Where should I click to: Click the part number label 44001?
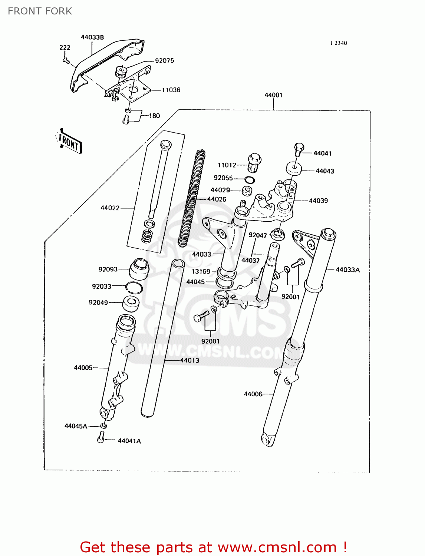click(273, 95)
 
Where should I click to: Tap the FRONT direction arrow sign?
click(69, 141)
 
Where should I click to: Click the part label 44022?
click(110, 208)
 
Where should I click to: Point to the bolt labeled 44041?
click(299, 150)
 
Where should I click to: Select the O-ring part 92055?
click(250, 180)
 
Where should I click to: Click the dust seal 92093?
click(139, 269)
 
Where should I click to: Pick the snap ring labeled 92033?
click(134, 287)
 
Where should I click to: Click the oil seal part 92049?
click(131, 304)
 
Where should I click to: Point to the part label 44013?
click(190, 360)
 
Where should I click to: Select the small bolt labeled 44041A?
click(101, 438)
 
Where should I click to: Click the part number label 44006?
click(253, 394)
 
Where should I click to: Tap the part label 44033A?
click(347, 270)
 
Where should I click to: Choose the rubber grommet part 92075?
click(121, 71)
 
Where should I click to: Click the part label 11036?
click(171, 90)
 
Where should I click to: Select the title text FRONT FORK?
click(40, 11)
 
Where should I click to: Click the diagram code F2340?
click(339, 43)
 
